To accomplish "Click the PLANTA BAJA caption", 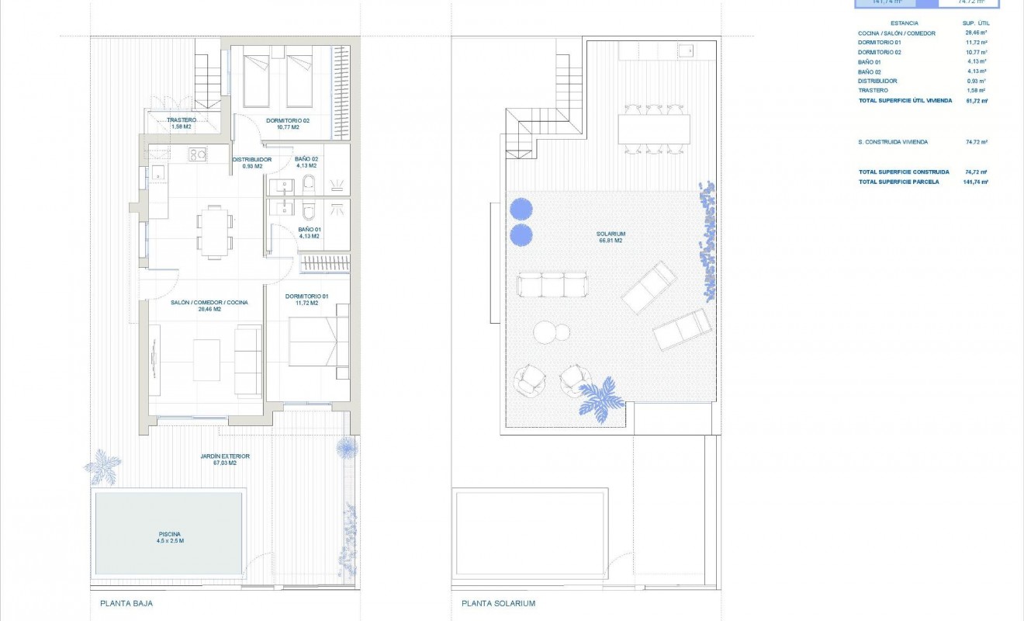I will point(121,603).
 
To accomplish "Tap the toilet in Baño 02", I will point(308,183).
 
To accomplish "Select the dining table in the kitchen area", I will point(213,231).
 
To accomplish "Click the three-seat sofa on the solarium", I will point(552,284).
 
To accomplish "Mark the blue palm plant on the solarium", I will point(602,399).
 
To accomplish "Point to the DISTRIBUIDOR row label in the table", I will point(877,81).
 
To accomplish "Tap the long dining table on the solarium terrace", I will point(654,129).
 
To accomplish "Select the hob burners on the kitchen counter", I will point(197,154).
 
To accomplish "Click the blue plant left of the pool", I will point(102,467).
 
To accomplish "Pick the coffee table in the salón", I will point(206,359).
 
